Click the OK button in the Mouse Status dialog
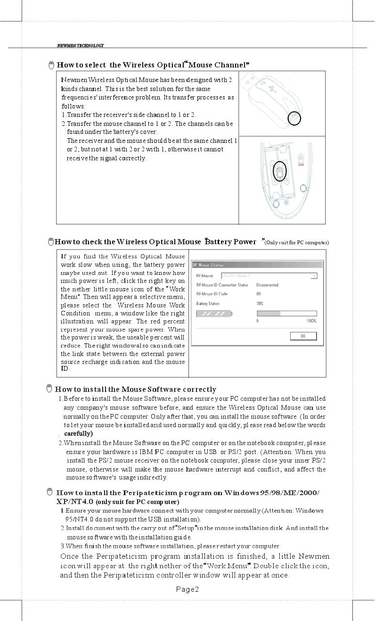point(303,336)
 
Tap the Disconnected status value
point(267,285)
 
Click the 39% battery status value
point(260,304)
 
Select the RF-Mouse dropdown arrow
point(314,275)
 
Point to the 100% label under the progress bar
point(311,321)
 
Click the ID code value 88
point(259,294)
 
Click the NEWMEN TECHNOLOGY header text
point(80,46)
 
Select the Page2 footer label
point(187,589)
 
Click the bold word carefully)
point(78,433)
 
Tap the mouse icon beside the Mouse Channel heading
point(51,65)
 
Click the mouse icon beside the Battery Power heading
point(50,242)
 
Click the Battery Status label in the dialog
point(208,304)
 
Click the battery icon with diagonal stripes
point(213,314)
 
